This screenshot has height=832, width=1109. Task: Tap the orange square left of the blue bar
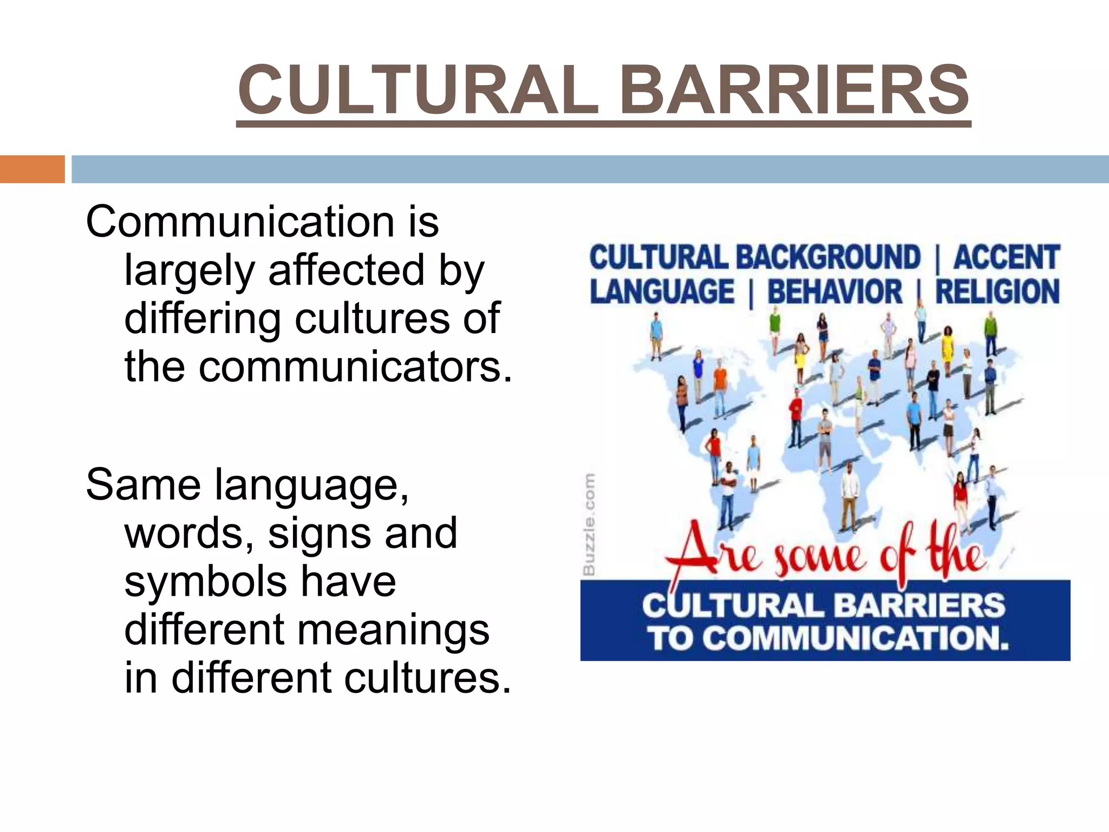tap(32, 169)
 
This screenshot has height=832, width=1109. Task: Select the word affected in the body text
tap(347, 270)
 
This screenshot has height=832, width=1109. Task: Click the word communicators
tap(355, 367)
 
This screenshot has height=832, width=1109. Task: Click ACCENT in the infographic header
tap(1006, 257)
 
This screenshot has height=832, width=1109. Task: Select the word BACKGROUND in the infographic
tap(828, 257)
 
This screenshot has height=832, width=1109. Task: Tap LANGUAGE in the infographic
tap(662, 292)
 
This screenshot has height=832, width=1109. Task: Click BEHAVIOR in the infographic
tap(834, 292)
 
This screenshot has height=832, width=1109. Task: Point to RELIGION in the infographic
tap(997, 292)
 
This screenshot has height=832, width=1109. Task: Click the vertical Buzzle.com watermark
tap(589, 524)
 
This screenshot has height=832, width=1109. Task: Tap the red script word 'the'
tap(955, 552)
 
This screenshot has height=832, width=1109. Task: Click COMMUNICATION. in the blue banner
tap(858, 638)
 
